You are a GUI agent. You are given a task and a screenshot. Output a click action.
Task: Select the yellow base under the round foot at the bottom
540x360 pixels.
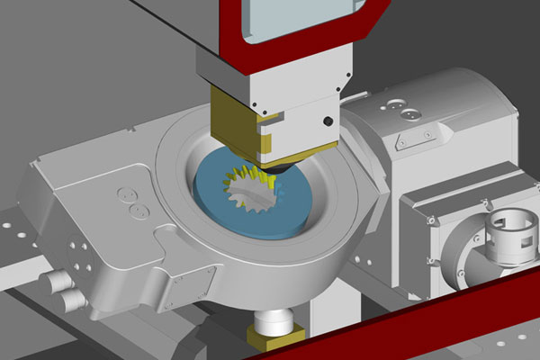click(274, 337)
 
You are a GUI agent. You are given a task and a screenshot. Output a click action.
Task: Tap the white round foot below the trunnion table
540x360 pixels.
click(274, 319)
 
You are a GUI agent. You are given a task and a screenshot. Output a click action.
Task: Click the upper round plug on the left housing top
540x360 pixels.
click(127, 194)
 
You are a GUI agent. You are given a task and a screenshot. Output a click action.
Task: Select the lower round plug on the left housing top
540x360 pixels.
click(139, 211)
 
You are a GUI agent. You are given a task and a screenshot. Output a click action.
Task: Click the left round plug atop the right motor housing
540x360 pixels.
click(395, 107)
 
